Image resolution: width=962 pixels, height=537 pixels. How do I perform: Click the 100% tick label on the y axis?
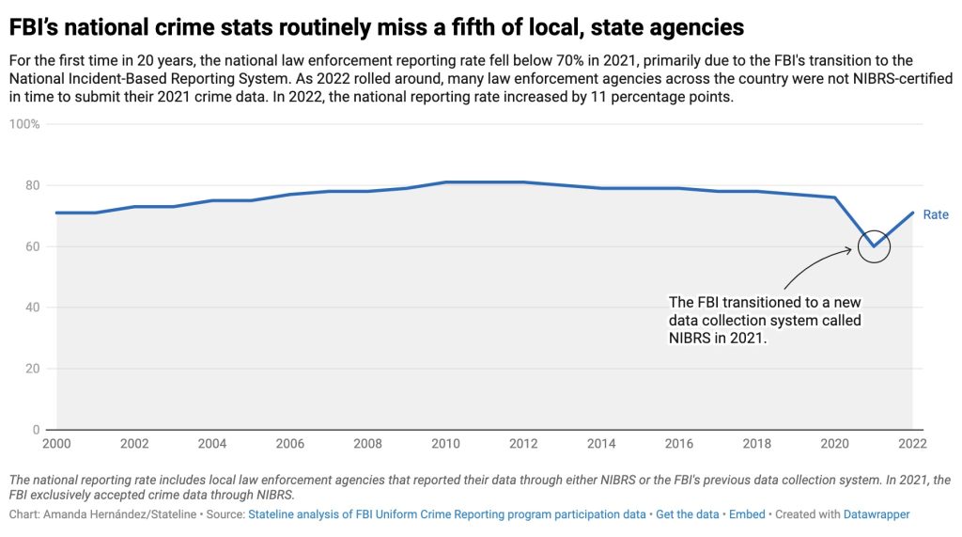point(24,124)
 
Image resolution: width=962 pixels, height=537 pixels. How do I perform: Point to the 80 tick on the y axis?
point(31,185)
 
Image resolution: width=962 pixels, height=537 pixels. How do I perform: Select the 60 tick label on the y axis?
point(31,246)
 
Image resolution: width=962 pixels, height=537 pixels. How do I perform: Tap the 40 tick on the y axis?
point(31,308)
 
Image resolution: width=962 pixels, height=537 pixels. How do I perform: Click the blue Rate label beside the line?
point(936,214)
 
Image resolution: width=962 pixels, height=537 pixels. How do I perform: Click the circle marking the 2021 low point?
point(874,246)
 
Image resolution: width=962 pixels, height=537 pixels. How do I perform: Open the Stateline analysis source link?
point(447,514)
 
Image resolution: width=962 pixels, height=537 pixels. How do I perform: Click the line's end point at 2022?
point(912,213)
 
